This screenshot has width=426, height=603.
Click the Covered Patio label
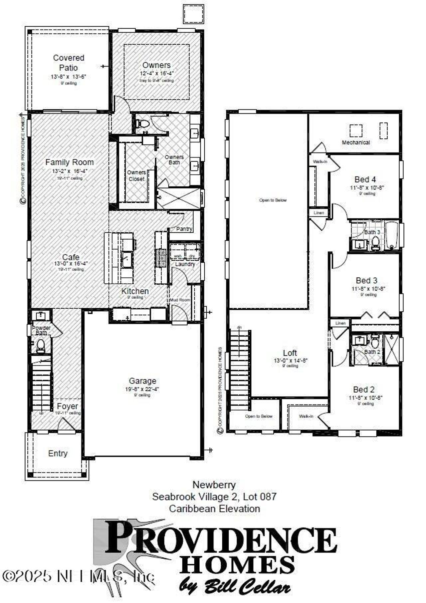[x=69, y=63]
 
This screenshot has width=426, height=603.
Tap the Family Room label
[x=70, y=162]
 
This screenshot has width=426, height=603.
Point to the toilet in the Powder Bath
[x=41, y=346]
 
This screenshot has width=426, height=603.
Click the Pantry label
[x=184, y=229]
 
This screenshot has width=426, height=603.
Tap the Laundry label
[x=185, y=264]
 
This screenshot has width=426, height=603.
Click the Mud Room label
[x=180, y=300]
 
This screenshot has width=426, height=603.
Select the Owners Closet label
[x=136, y=175]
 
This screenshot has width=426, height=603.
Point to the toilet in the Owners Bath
[x=143, y=124]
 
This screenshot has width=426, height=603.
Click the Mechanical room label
[x=356, y=143]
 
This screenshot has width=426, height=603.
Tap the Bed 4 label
[x=365, y=180]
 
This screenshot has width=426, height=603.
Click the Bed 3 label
[x=366, y=281]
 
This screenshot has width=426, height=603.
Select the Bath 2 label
[x=372, y=352]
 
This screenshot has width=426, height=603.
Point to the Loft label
[x=290, y=353]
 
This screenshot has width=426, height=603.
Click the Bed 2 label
[x=364, y=390]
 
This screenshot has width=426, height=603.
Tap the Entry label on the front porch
[x=58, y=453]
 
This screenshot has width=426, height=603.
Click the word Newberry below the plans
[x=214, y=484]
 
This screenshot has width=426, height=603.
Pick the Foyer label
[x=67, y=407]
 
